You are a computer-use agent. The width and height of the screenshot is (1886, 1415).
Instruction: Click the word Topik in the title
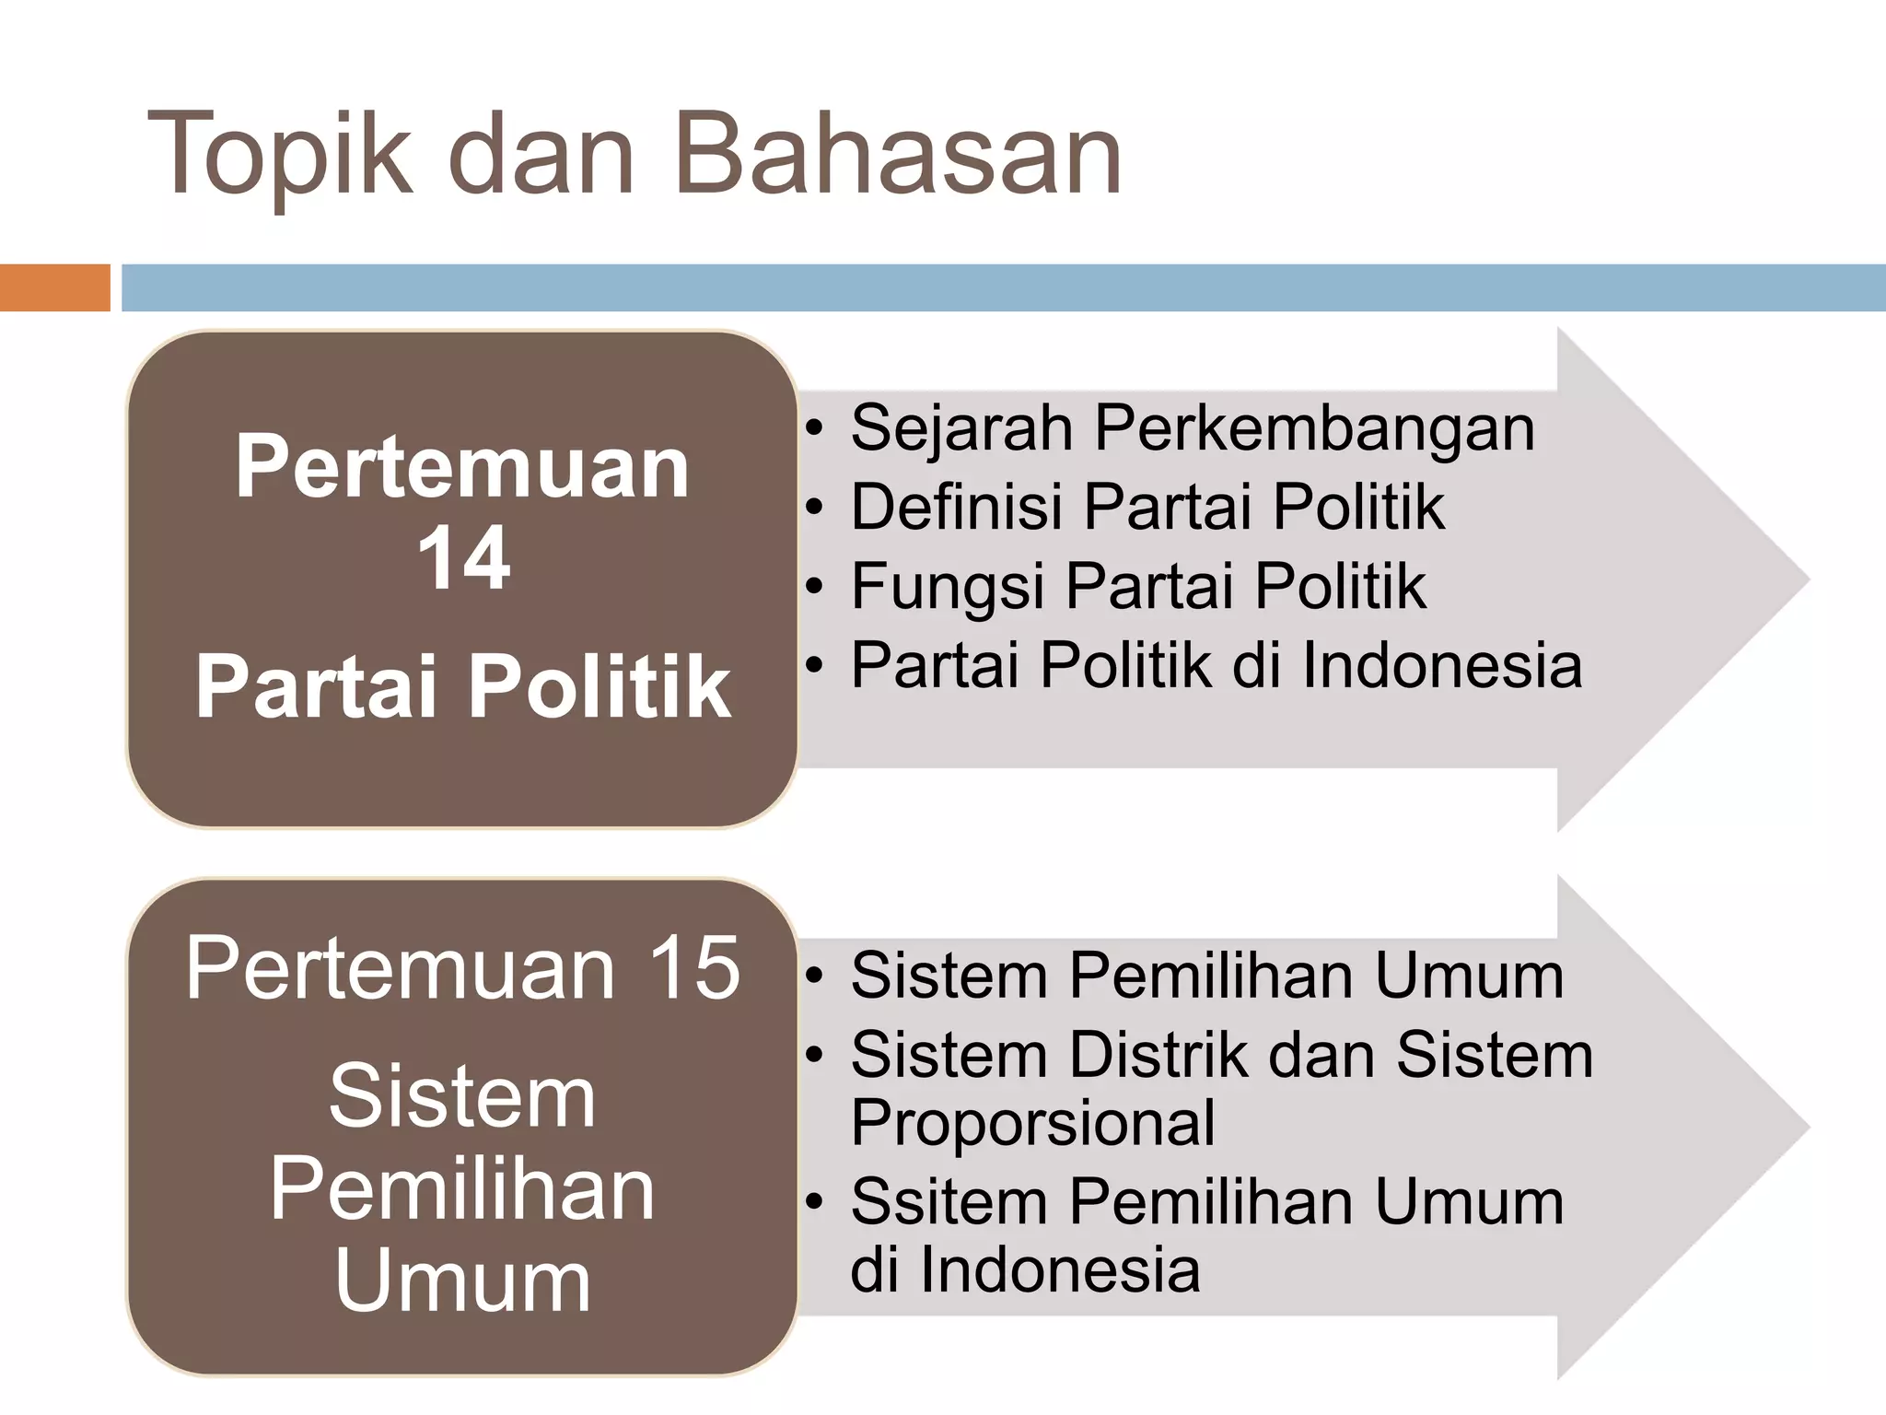(279, 155)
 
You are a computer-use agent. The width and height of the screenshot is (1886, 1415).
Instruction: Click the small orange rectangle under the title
(54, 287)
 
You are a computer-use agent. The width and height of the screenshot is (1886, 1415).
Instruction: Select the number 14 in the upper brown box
(463, 558)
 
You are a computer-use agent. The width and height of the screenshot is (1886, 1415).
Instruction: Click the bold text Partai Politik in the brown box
(463, 686)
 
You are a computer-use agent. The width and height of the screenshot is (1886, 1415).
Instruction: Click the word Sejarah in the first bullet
(960, 429)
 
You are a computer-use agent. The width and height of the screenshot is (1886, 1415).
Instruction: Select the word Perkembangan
(1314, 429)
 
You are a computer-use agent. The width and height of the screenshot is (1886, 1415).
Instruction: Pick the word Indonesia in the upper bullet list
(1442, 665)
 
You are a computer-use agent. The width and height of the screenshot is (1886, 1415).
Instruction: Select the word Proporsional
(1032, 1122)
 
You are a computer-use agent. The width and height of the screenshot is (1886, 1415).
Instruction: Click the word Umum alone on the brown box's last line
(463, 1281)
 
